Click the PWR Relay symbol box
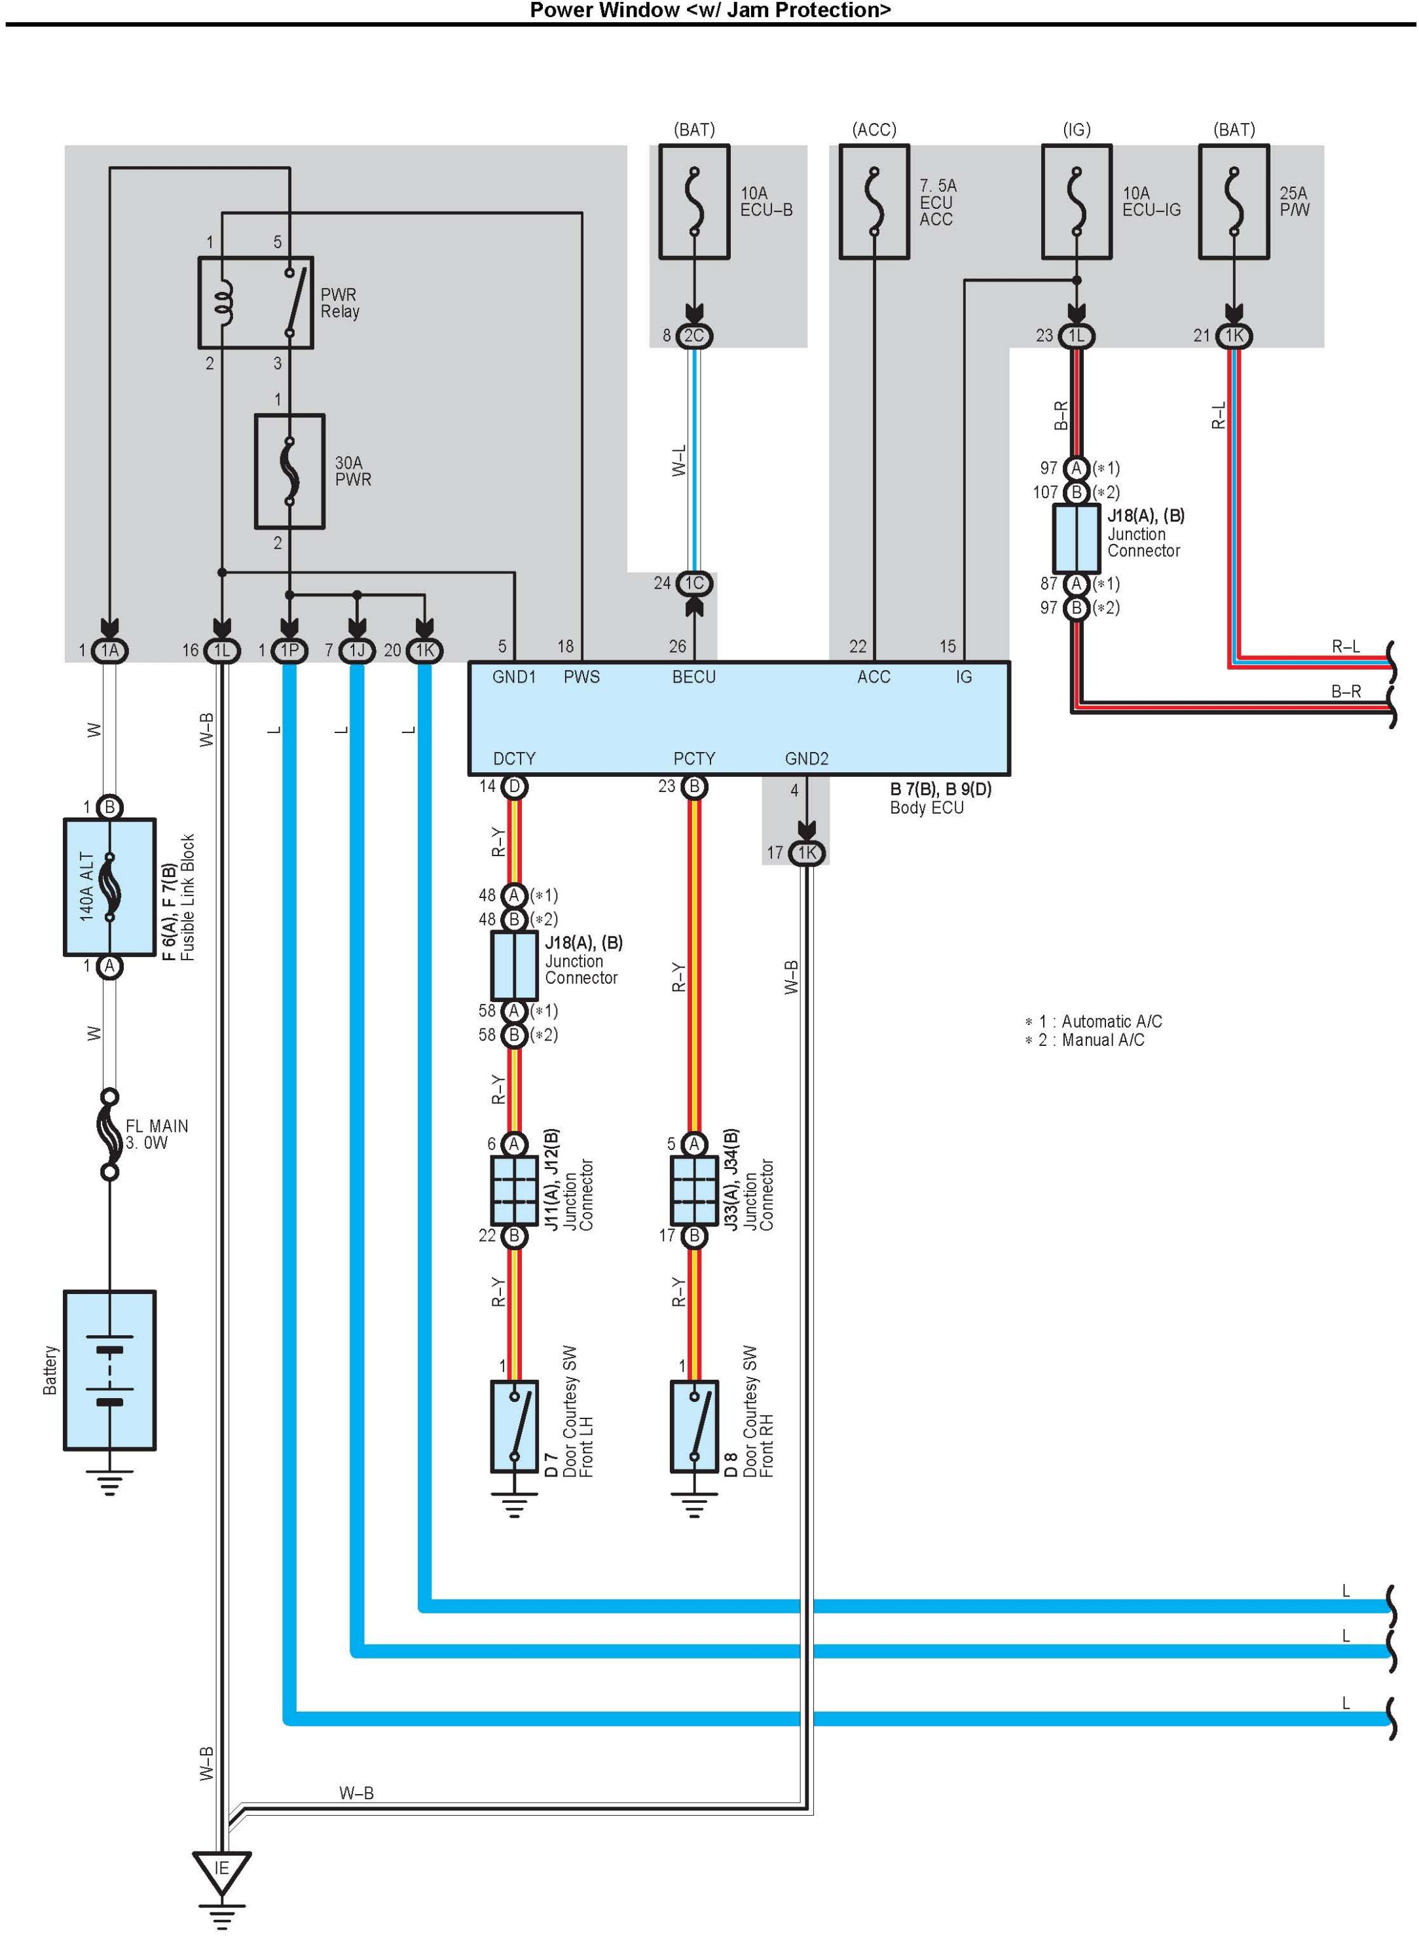(x=256, y=302)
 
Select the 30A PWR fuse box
(x=289, y=471)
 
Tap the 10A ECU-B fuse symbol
(x=694, y=202)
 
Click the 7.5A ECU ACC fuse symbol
(x=874, y=202)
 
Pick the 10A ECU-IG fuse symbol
(x=1077, y=202)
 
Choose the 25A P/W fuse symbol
(x=1234, y=202)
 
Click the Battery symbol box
(x=110, y=1369)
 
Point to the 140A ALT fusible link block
(x=110, y=887)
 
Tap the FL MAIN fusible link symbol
(x=110, y=1135)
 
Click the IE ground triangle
(x=221, y=1871)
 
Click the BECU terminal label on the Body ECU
(x=694, y=677)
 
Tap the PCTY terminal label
(x=694, y=758)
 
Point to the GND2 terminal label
(x=807, y=758)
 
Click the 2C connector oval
(x=694, y=336)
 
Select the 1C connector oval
(x=694, y=583)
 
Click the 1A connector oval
(x=110, y=650)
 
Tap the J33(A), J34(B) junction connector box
(x=694, y=1190)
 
